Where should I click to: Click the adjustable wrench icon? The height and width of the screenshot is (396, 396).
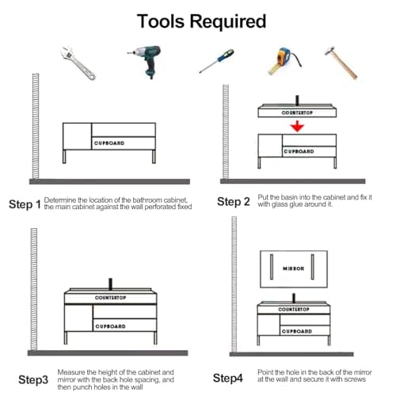[x=78, y=63]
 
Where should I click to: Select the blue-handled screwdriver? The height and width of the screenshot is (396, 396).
[x=216, y=61]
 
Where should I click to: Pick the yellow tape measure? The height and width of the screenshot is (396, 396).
[x=284, y=61]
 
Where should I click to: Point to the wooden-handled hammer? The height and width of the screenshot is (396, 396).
[x=341, y=63]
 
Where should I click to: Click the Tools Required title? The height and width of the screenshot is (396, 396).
[x=201, y=21]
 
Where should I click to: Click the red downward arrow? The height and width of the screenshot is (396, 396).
[x=297, y=126]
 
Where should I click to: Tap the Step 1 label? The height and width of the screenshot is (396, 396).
[x=25, y=204]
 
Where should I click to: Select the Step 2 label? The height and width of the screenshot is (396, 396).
[x=234, y=202]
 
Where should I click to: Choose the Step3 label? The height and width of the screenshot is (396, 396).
[x=33, y=379]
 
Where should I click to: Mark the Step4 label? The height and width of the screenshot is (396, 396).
[x=227, y=378]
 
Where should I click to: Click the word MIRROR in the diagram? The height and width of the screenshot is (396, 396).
[x=293, y=268]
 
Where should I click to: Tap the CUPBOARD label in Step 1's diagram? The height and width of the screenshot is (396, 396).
[x=109, y=143]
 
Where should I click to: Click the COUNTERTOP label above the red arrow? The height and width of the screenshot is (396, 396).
[x=297, y=112]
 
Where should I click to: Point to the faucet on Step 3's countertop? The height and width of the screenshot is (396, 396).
[x=110, y=284]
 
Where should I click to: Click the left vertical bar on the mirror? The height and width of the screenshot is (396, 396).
[x=272, y=267]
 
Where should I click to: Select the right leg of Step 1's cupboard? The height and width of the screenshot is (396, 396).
[x=154, y=157]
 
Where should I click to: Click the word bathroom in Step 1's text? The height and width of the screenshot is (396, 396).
[x=147, y=200]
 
